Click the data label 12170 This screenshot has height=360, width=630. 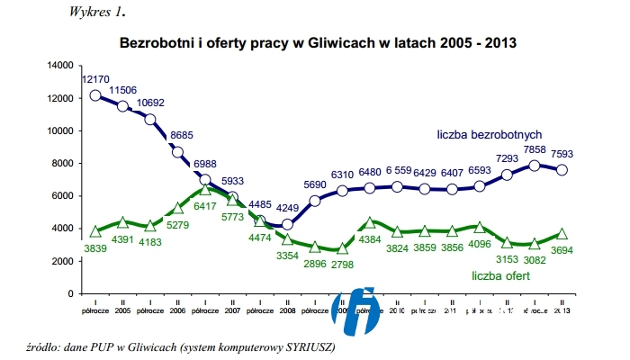coord(96,80)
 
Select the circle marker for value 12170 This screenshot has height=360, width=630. coord(95,95)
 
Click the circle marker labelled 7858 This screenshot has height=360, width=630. coord(535,166)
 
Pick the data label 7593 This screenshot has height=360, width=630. coord(562,153)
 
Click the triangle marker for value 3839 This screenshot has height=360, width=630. coord(95,231)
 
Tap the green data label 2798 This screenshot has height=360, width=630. coord(342,264)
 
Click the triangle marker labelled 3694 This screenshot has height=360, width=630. coord(562,234)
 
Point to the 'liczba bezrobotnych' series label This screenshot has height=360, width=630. coord(489,134)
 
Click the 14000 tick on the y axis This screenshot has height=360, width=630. coord(59,66)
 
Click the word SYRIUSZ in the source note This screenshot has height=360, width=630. coord(306,347)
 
